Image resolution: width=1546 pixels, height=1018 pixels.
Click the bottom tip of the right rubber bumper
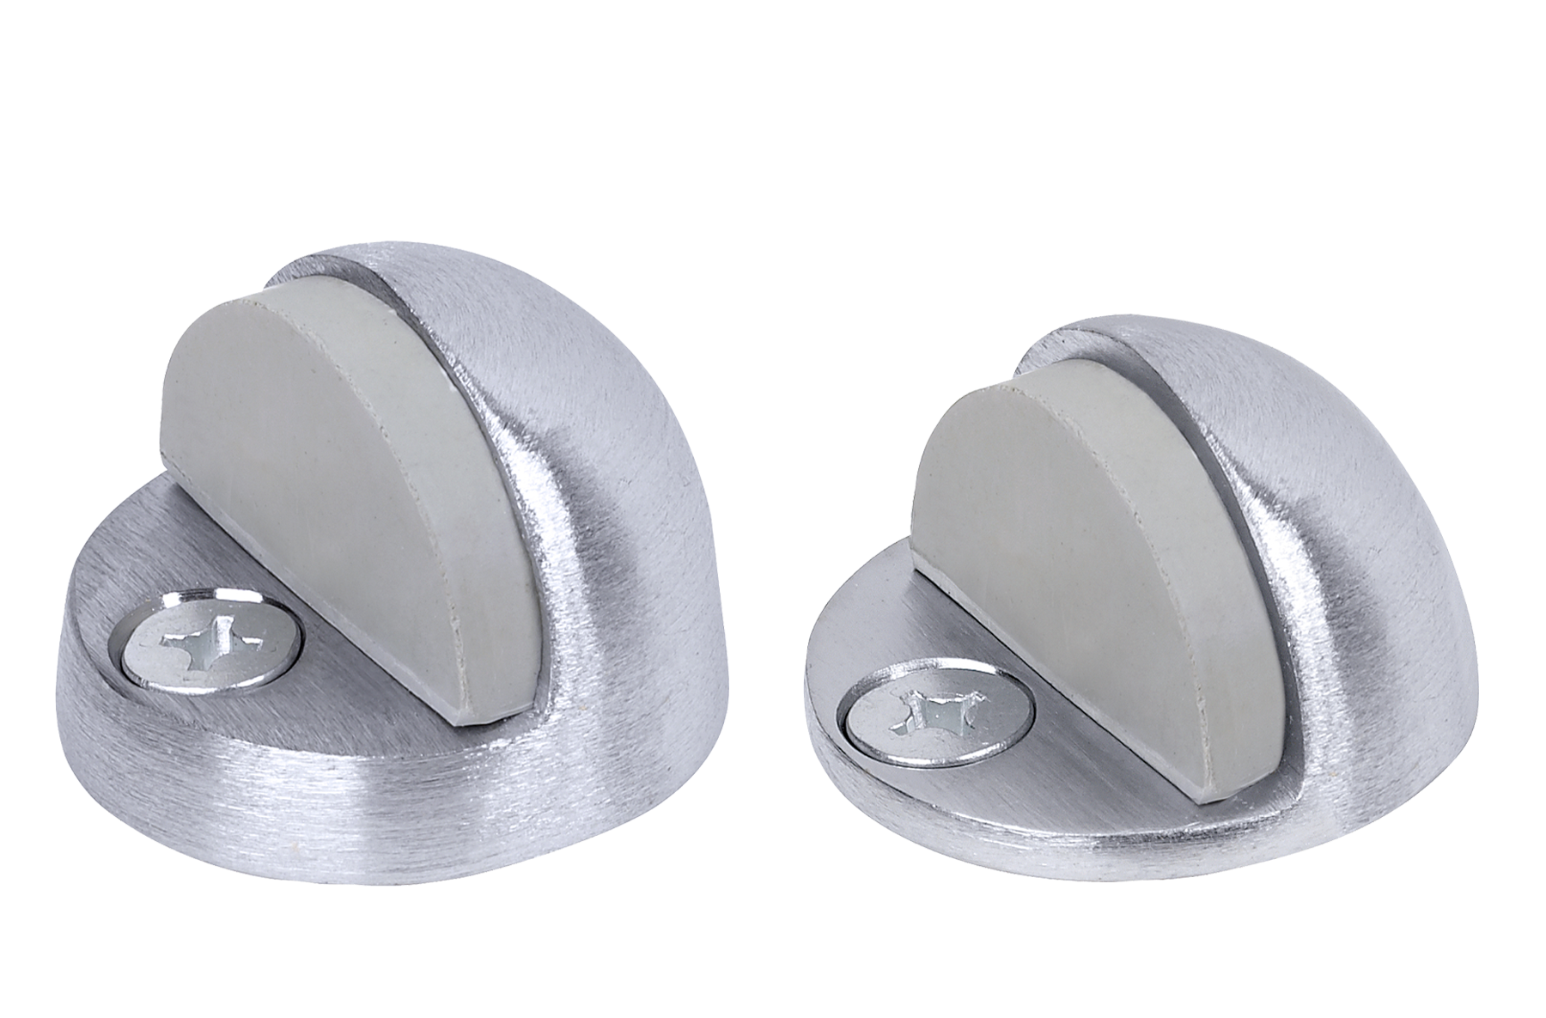point(1211,795)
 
